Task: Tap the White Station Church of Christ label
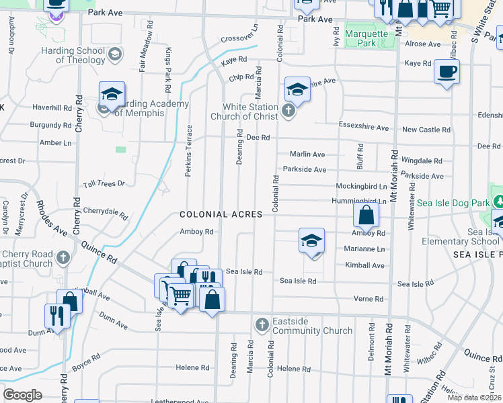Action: click(x=251, y=111)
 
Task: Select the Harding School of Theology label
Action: click(x=72, y=55)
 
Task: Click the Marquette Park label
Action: click(x=366, y=38)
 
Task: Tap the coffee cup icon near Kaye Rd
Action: click(x=447, y=71)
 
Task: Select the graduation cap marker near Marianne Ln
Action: click(x=311, y=241)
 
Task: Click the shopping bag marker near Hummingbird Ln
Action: click(x=366, y=216)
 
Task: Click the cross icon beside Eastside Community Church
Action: click(x=262, y=326)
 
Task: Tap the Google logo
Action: click(x=22, y=394)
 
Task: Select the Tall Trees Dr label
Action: click(x=104, y=183)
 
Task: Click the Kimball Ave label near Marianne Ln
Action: click(x=364, y=265)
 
